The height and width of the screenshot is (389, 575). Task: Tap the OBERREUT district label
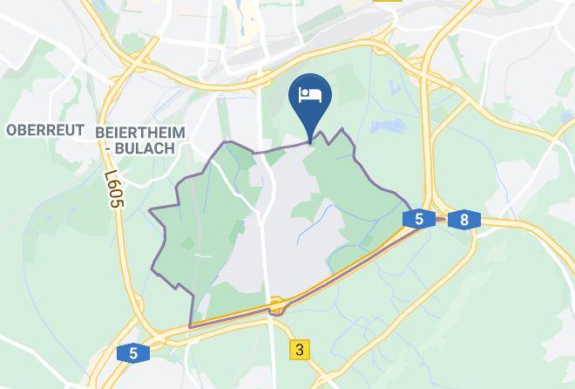(x=44, y=130)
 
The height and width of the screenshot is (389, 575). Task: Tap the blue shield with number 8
(x=463, y=219)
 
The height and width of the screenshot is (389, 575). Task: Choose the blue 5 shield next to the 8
(x=419, y=219)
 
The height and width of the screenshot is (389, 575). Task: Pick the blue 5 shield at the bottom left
(x=132, y=353)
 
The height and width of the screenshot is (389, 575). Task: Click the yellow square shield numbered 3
(x=300, y=350)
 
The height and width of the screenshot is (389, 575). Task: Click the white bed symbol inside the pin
(x=310, y=94)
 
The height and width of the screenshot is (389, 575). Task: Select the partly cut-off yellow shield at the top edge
(x=389, y=2)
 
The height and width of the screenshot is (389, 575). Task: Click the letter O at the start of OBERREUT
(x=11, y=130)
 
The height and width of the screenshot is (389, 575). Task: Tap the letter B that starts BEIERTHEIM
(x=103, y=130)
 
